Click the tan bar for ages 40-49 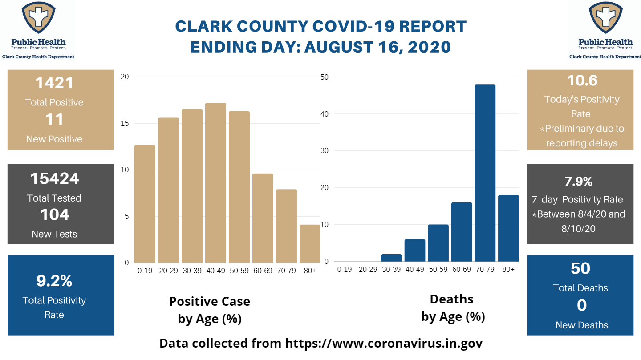215,182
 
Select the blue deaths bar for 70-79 485,173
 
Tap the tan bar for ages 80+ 310,243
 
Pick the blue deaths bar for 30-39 391,258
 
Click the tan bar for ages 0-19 145,204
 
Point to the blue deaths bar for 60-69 462,232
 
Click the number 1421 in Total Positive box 54,83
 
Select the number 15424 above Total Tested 54,178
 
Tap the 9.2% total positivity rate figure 54,281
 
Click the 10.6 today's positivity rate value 582,81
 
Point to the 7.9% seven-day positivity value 578,182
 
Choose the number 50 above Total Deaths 580,268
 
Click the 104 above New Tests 54,214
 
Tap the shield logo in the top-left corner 38,17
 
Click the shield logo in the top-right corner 605,17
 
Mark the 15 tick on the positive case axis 125,123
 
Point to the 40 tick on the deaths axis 324,114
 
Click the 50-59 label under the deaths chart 438,269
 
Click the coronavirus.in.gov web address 384,343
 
